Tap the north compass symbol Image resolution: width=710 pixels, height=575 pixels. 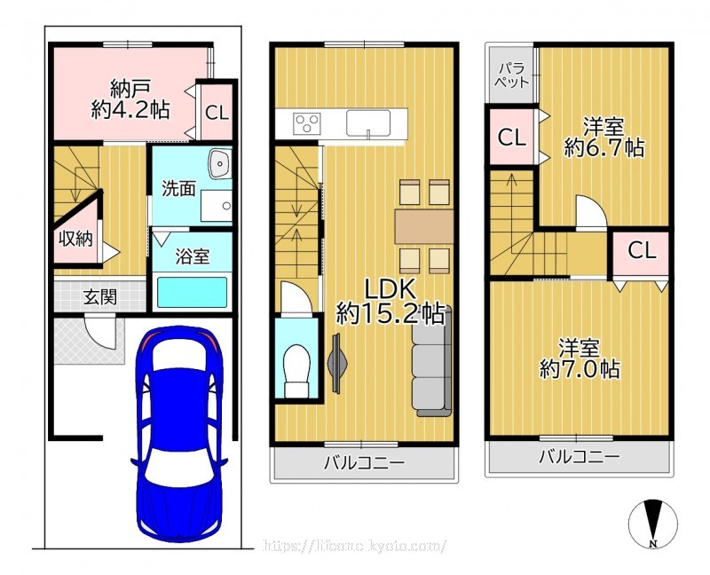(x=653, y=523)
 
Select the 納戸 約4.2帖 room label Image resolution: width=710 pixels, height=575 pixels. (x=130, y=99)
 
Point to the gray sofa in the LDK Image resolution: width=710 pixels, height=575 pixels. (x=432, y=361)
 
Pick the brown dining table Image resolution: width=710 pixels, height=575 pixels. (x=424, y=226)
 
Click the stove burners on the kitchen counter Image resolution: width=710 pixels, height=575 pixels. (x=307, y=122)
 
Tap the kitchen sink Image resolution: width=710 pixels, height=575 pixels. (x=368, y=122)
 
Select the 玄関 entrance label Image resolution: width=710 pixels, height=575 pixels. (x=100, y=297)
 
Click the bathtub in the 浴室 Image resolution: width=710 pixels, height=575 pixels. (x=192, y=293)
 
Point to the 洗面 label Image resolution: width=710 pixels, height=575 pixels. (x=179, y=189)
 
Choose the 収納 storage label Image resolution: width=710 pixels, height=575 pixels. (x=75, y=239)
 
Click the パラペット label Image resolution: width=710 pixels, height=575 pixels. (x=512, y=75)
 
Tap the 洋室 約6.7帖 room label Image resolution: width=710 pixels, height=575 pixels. (x=604, y=137)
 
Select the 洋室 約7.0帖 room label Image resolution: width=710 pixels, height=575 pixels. (x=580, y=358)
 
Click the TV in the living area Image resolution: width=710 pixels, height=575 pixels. (x=337, y=363)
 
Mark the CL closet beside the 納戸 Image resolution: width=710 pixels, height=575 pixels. (x=217, y=113)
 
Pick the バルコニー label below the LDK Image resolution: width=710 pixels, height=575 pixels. (x=364, y=462)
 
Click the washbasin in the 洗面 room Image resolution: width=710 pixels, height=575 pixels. (x=220, y=163)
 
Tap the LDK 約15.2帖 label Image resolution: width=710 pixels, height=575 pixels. (x=390, y=301)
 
